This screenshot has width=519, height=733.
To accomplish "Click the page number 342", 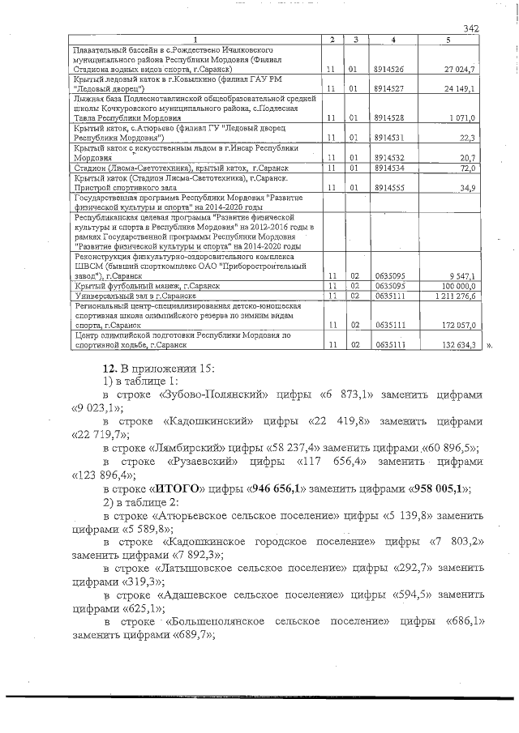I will click(471, 29).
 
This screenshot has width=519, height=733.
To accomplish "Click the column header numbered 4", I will click(392, 40).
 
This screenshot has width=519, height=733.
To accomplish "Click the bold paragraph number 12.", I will click(99, 368).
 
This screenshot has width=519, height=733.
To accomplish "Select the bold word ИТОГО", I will click(176, 488).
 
